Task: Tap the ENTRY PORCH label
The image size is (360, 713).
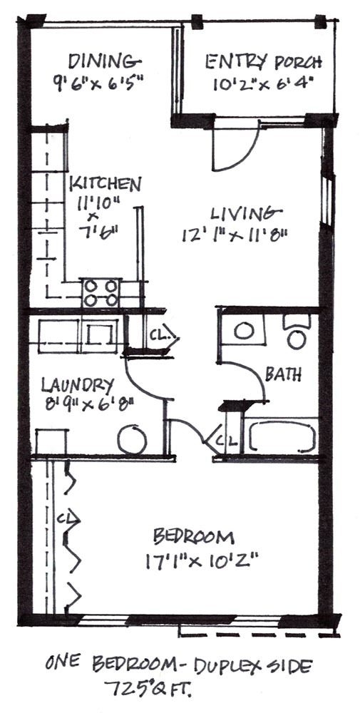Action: [x=264, y=62]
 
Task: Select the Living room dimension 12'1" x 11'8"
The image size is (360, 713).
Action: [x=235, y=235]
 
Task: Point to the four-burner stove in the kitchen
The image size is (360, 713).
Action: [x=101, y=292]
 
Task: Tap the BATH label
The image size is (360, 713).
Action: [x=283, y=375]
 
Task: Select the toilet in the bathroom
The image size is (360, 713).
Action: [x=297, y=332]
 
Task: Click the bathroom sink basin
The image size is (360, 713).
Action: [x=244, y=331]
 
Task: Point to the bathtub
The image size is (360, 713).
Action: [x=282, y=436]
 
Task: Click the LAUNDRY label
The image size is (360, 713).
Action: [x=77, y=386]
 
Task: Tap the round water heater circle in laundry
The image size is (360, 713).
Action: [x=133, y=440]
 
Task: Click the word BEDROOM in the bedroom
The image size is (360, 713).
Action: [x=194, y=537]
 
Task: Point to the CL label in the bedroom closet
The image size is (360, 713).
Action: [x=66, y=518]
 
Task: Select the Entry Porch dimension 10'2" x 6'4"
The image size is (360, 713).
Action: [x=264, y=85]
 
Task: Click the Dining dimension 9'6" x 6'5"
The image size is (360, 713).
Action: [x=98, y=82]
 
